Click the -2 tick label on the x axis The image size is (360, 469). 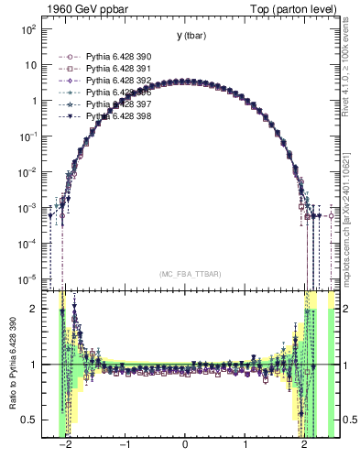[x=64, y=444]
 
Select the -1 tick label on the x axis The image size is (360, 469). [x=125, y=444]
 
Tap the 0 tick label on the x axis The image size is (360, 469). [x=186, y=444]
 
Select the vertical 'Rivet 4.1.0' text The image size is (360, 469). [x=351, y=55]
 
